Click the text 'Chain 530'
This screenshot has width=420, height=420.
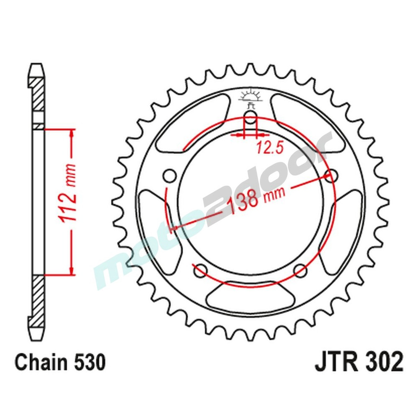click(60, 362)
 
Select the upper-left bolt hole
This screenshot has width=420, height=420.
click(170, 176)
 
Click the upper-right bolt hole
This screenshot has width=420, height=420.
click(332, 176)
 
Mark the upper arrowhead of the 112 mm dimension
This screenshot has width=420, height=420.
click(72, 133)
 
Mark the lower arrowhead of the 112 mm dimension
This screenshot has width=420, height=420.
click(72, 270)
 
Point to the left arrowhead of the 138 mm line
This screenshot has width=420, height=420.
click(173, 229)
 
